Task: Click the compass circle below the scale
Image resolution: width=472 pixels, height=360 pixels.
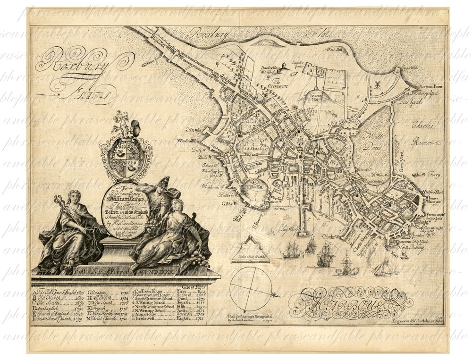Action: [251, 288]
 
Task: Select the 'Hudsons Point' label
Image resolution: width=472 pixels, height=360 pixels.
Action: [427, 192]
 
